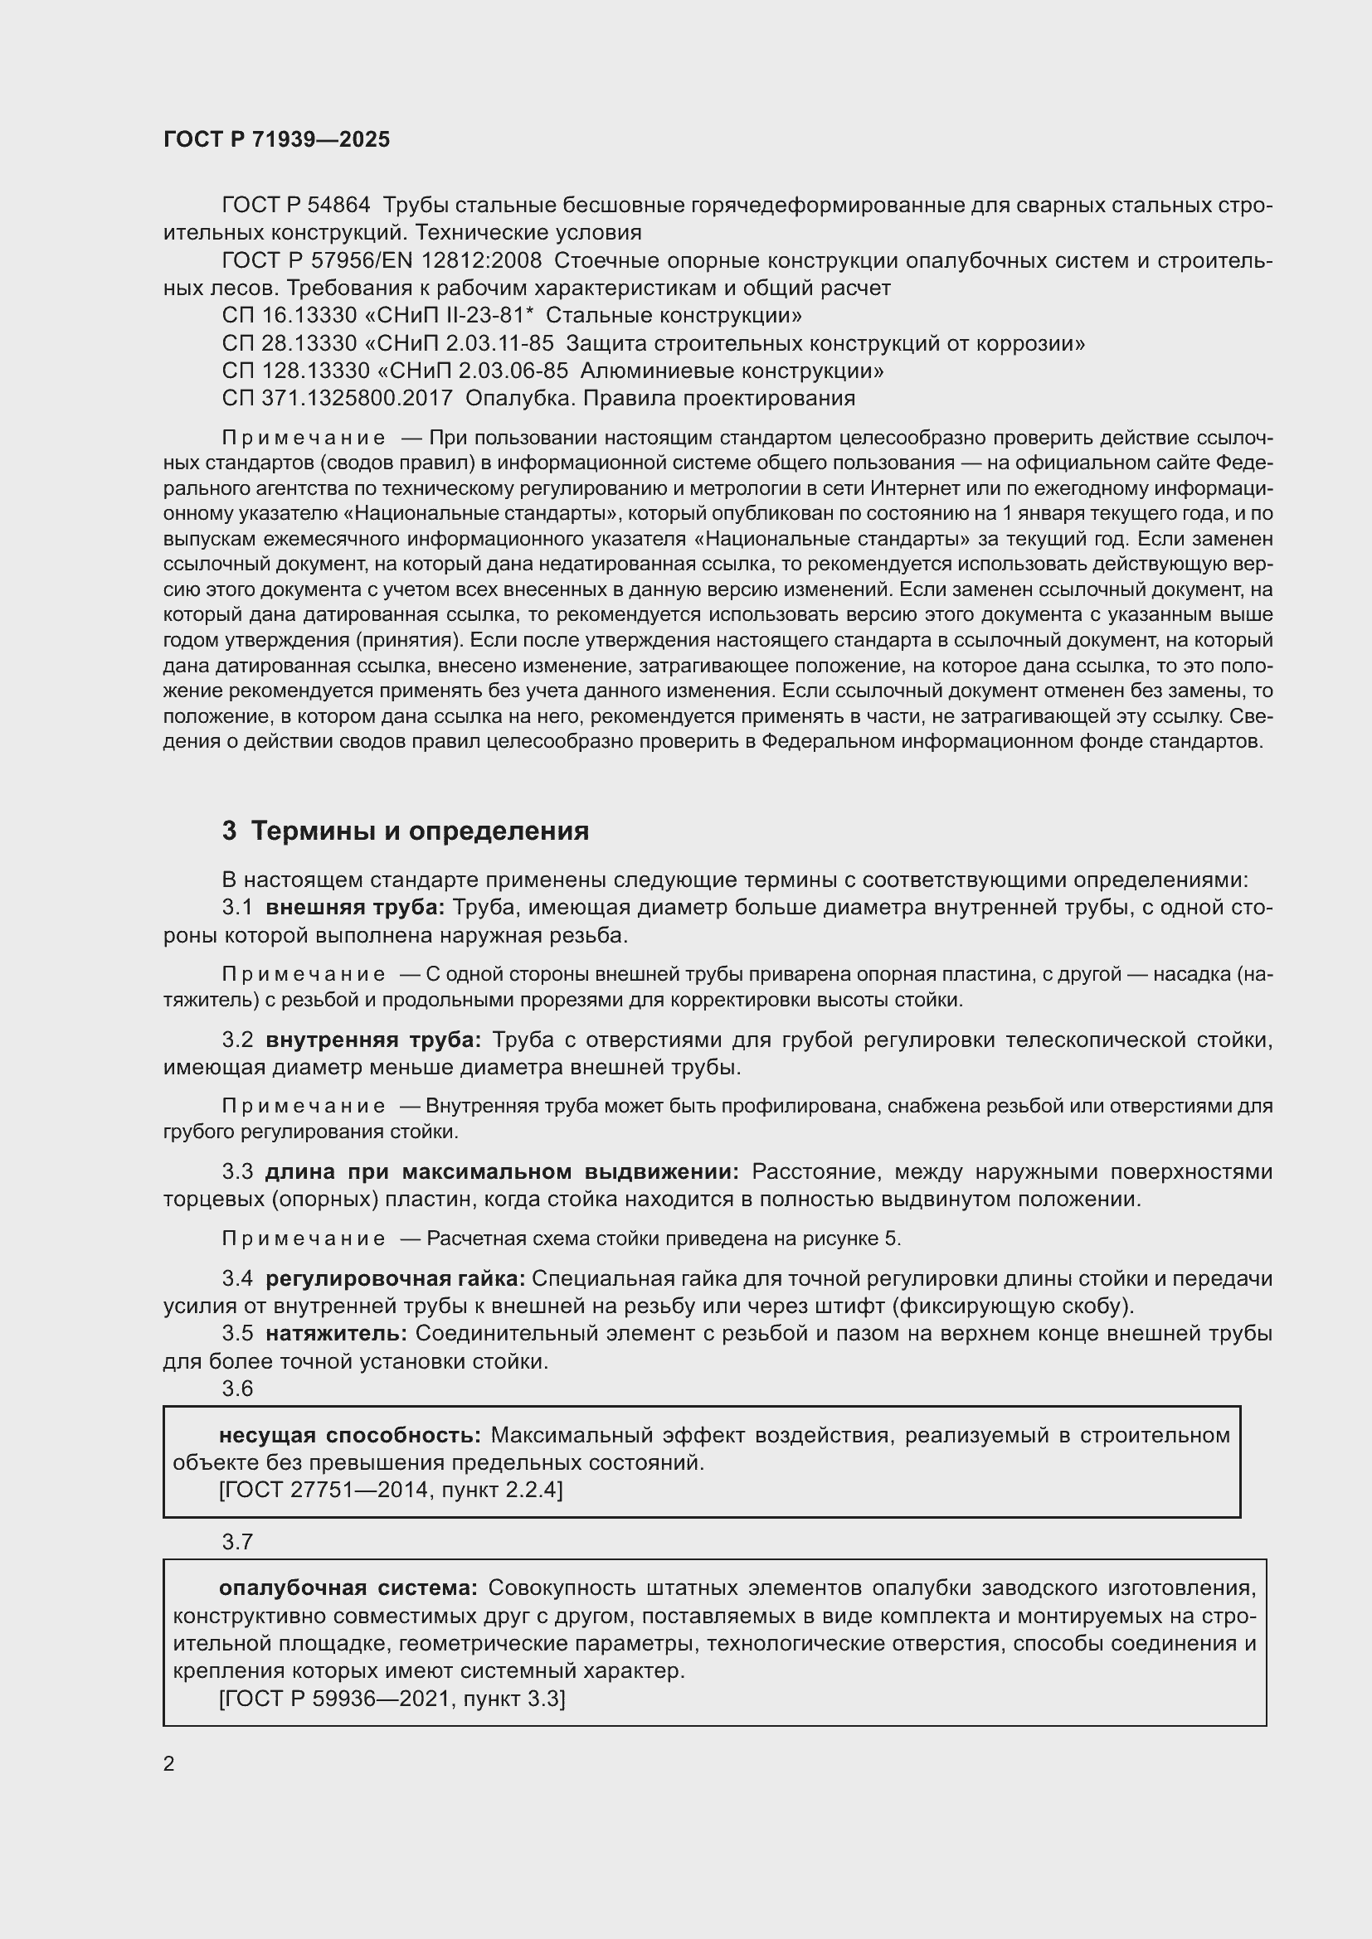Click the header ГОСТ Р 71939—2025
click(276, 139)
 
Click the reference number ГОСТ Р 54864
click(295, 206)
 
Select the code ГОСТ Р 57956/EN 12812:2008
click(382, 260)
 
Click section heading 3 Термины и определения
click(406, 831)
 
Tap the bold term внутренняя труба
click(372, 1040)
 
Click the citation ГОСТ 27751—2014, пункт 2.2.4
click(391, 1489)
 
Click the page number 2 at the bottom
click(169, 1763)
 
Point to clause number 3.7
click(237, 1542)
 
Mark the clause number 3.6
click(237, 1389)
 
